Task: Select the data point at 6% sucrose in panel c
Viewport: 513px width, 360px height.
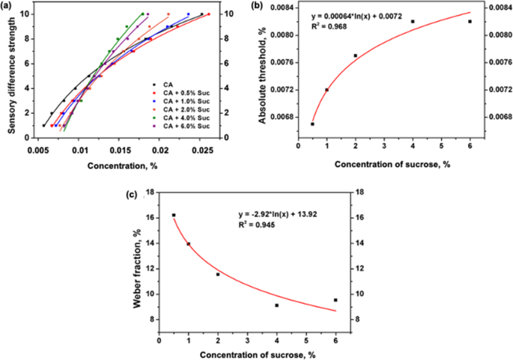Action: tap(336, 300)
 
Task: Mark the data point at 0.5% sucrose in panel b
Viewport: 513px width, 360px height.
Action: tap(312, 123)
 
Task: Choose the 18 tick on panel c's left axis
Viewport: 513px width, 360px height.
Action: tap(150, 193)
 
